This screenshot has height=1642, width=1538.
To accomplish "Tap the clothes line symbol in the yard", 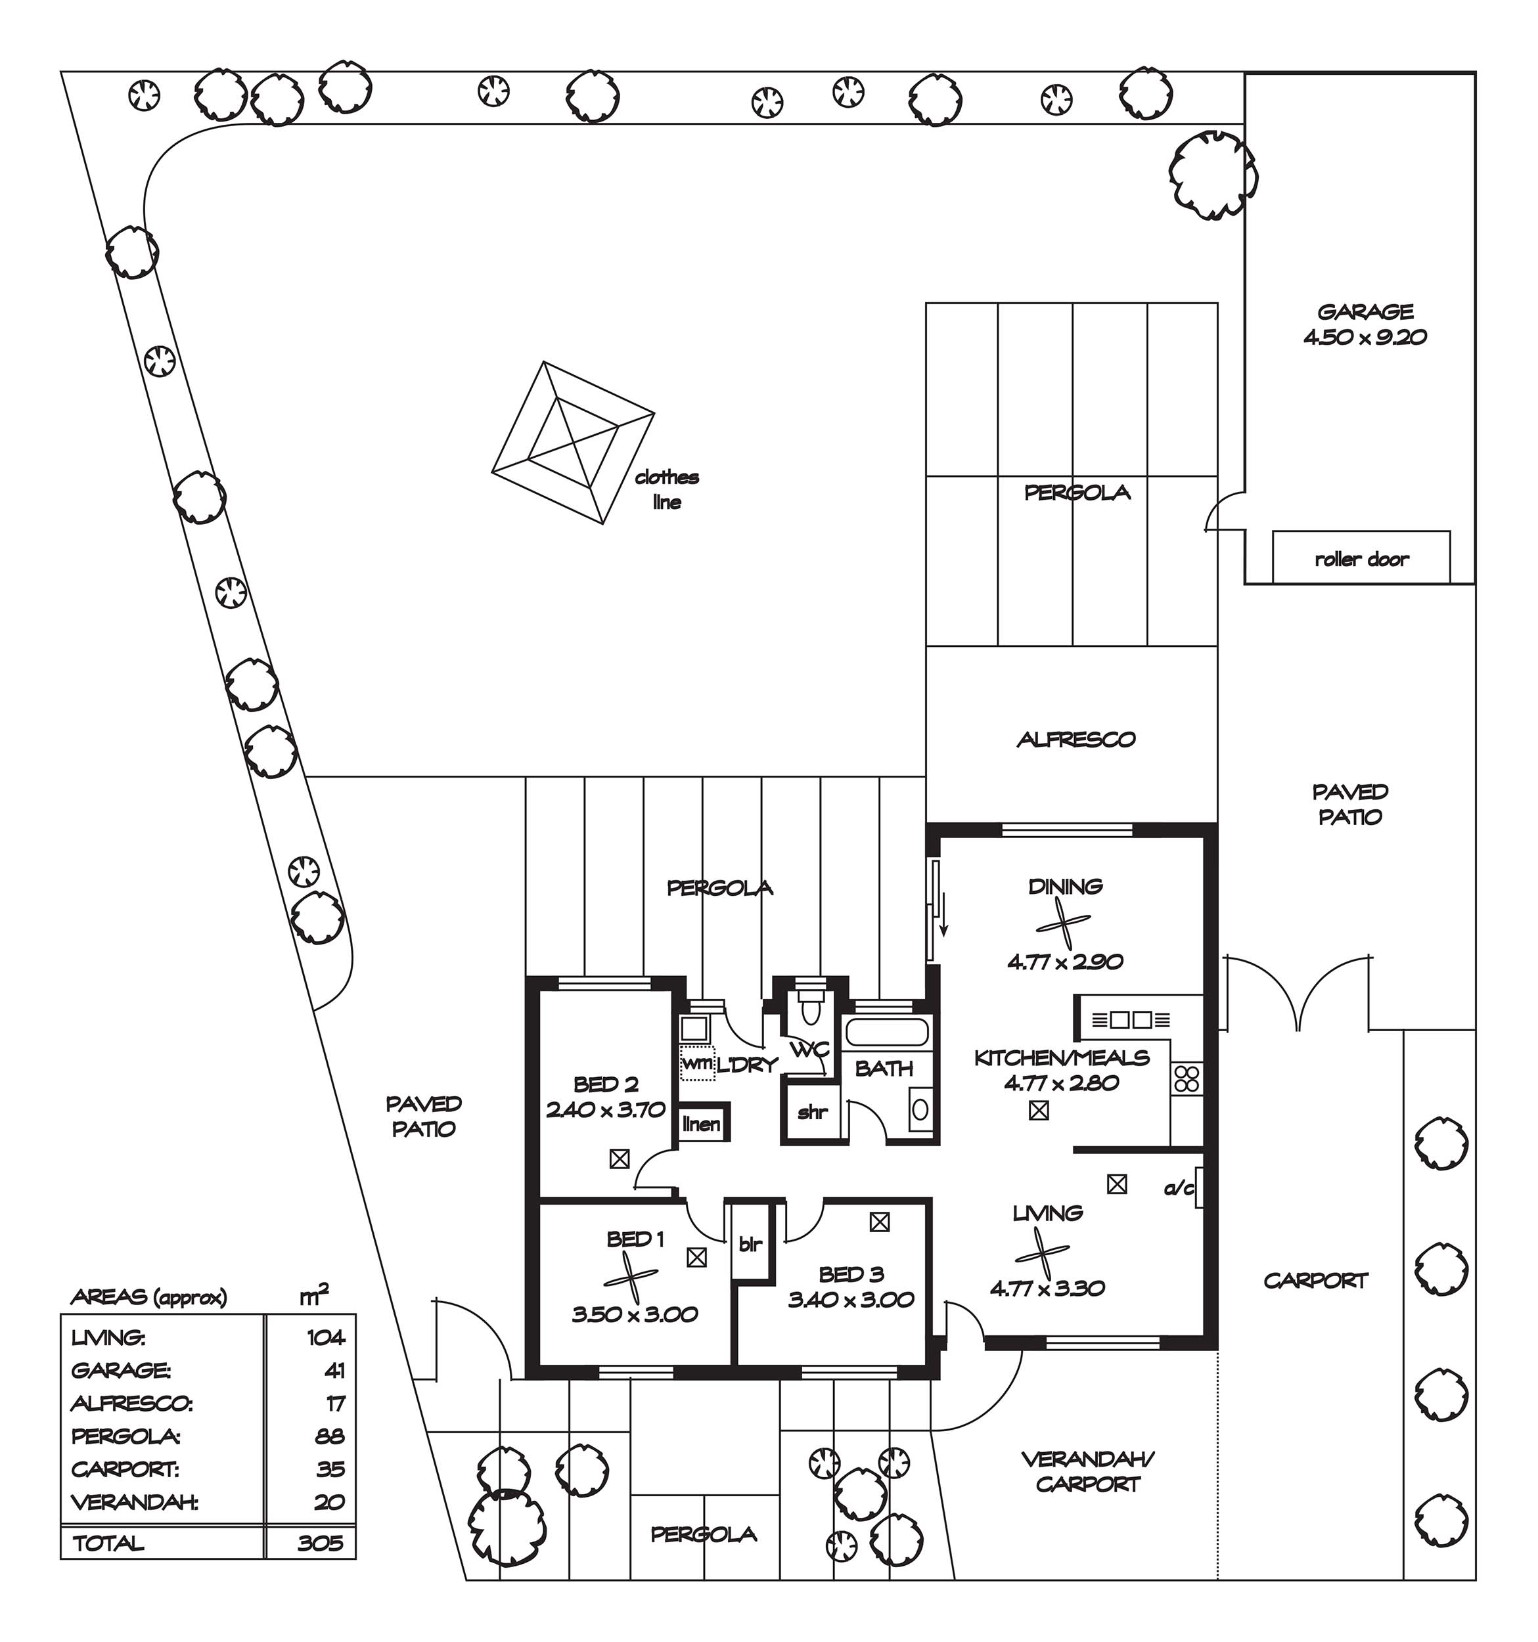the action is click(x=572, y=442).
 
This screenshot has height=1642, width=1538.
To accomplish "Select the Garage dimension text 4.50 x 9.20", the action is click(x=1365, y=337).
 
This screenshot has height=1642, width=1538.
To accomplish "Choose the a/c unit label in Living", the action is click(x=1179, y=1189).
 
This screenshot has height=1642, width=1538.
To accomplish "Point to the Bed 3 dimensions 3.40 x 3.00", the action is click(x=851, y=1299).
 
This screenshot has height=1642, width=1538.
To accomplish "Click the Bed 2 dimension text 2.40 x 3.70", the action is click(x=606, y=1109).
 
